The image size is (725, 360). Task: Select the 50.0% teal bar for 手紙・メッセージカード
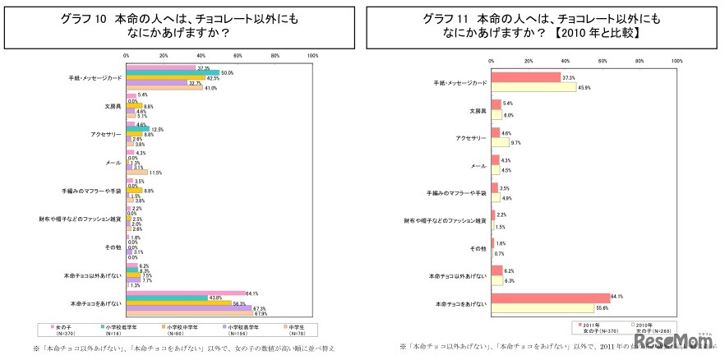(x=173, y=72)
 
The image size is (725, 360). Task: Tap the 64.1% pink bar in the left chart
(x=186, y=293)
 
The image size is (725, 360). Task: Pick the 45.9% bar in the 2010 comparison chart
(x=533, y=86)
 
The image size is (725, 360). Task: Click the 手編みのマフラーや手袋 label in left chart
(x=93, y=190)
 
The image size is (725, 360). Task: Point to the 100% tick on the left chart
(x=312, y=56)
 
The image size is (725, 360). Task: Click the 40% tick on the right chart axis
(x=566, y=61)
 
